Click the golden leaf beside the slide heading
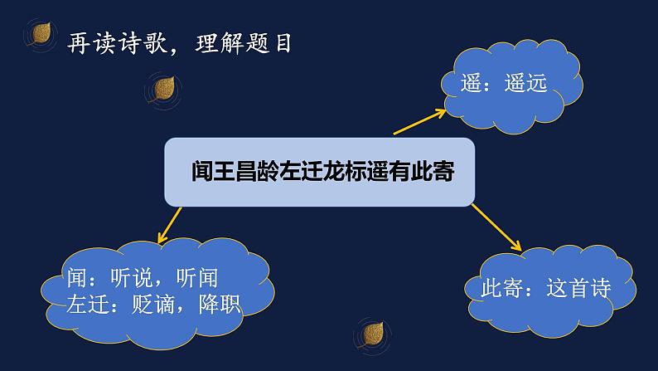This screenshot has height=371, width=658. (x=39, y=34)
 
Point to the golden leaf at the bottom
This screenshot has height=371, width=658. (x=373, y=334)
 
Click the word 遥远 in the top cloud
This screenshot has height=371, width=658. (x=525, y=83)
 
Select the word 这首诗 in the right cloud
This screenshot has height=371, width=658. (x=579, y=289)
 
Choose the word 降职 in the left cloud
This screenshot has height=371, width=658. (x=219, y=304)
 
